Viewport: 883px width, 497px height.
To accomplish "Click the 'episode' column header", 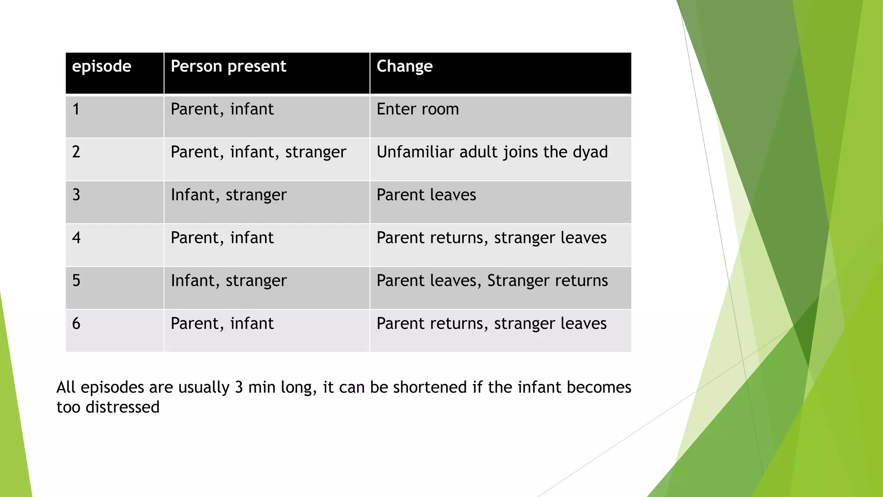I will coord(102,67).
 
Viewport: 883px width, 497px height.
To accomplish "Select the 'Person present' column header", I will coord(228,67).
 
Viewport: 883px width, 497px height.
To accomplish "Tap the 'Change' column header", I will coord(404,67).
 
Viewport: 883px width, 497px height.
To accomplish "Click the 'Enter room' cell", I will coord(417,109).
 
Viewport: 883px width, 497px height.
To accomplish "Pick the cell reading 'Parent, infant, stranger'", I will coord(258,152).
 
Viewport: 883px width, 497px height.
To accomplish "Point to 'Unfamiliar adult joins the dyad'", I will coord(492,152).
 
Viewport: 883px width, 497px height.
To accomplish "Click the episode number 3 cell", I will coord(76,195).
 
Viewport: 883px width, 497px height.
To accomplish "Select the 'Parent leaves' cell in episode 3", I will coord(426,195).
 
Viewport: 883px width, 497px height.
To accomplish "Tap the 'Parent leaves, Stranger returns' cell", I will coord(492,281).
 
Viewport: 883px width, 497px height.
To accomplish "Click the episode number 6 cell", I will coord(76,324).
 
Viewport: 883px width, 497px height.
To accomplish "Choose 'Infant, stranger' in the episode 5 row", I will coord(229,281).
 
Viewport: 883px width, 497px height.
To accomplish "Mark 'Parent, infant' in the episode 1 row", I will coord(222,109).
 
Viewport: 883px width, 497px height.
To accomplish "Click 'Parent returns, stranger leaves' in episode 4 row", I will coord(492,238).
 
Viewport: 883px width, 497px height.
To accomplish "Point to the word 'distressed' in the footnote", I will coord(122,407).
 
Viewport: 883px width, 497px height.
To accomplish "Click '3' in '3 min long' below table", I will coord(239,387).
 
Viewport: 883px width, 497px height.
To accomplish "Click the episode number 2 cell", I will coord(76,152).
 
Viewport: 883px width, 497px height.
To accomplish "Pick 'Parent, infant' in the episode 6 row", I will coord(222,324).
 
